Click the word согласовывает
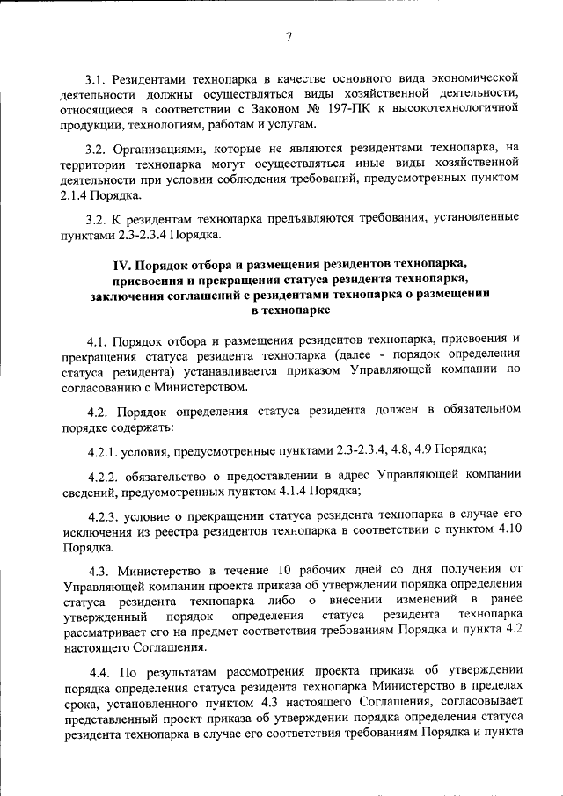coord(478,704)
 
